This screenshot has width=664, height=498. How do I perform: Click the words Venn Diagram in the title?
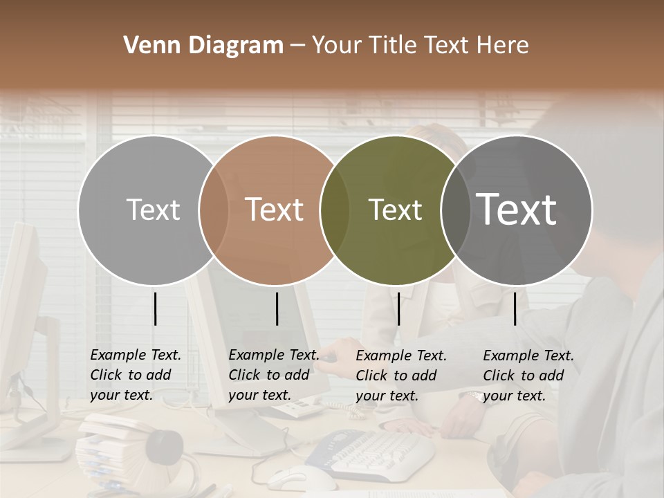203,46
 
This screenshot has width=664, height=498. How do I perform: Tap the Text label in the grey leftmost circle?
153,210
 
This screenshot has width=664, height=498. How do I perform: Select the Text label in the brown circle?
274,210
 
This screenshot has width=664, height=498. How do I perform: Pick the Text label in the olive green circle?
395,210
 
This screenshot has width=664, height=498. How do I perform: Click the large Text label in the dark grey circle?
516,209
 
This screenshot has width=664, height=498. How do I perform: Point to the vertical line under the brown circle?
277,308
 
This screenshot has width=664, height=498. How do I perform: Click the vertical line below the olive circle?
398,308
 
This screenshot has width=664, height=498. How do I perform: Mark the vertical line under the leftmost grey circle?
155,308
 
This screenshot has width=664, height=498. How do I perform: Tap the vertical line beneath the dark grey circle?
515,308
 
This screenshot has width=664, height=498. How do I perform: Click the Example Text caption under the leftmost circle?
135,375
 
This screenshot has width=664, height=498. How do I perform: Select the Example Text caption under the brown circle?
273,375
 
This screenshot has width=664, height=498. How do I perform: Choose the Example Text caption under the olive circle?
400,376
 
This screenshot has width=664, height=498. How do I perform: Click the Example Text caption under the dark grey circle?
528,376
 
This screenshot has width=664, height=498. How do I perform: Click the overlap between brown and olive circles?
334,210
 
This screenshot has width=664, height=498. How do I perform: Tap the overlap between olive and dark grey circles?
454,210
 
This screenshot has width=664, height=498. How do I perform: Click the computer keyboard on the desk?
373,453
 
